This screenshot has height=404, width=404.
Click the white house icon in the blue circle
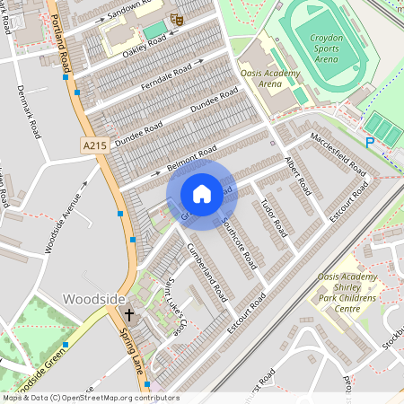click(202, 194)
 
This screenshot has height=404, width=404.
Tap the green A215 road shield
click(94, 145)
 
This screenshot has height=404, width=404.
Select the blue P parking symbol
click(369, 142)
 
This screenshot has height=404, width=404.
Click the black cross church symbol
click(129, 315)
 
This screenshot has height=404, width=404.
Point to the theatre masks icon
click(177, 17)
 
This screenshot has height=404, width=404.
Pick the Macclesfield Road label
click(338, 154)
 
